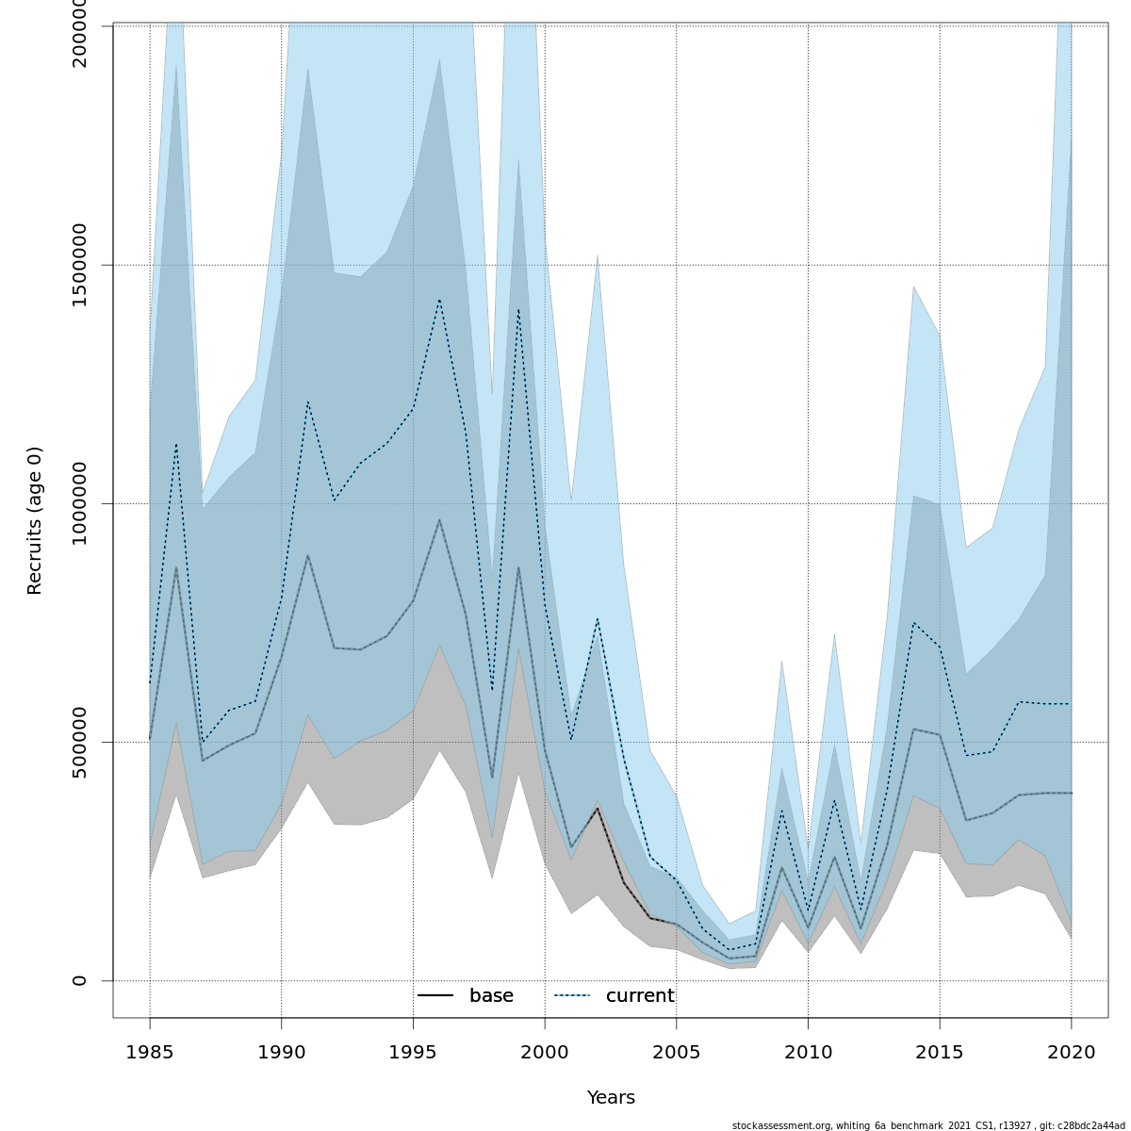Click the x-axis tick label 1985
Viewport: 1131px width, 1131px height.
point(150,1052)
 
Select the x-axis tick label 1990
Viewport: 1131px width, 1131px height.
point(281,1052)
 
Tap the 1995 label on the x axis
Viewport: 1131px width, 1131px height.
point(413,1052)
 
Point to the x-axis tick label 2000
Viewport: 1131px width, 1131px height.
point(545,1052)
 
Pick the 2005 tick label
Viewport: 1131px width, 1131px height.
point(676,1052)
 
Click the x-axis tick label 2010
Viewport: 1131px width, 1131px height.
point(808,1052)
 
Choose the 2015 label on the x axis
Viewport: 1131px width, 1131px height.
point(940,1052)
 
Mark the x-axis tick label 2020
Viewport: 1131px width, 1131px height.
point(1071,1052)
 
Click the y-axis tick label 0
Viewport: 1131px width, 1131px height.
point(79,980)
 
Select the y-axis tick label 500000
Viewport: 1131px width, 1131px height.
point(79,742)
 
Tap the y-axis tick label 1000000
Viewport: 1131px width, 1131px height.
point(79,503)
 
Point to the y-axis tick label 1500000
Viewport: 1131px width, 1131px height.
point(79,265)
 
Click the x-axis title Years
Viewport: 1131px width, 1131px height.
point(611,1098)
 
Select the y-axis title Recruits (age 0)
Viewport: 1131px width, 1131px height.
point(35,520)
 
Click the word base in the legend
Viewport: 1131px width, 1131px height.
point(491,996)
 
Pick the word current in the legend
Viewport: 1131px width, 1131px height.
point(640,996)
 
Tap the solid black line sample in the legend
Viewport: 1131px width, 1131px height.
point(435,996)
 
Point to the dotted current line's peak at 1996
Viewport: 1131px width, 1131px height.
point(439,300)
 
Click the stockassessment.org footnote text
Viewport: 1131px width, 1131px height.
point(927,1125)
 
